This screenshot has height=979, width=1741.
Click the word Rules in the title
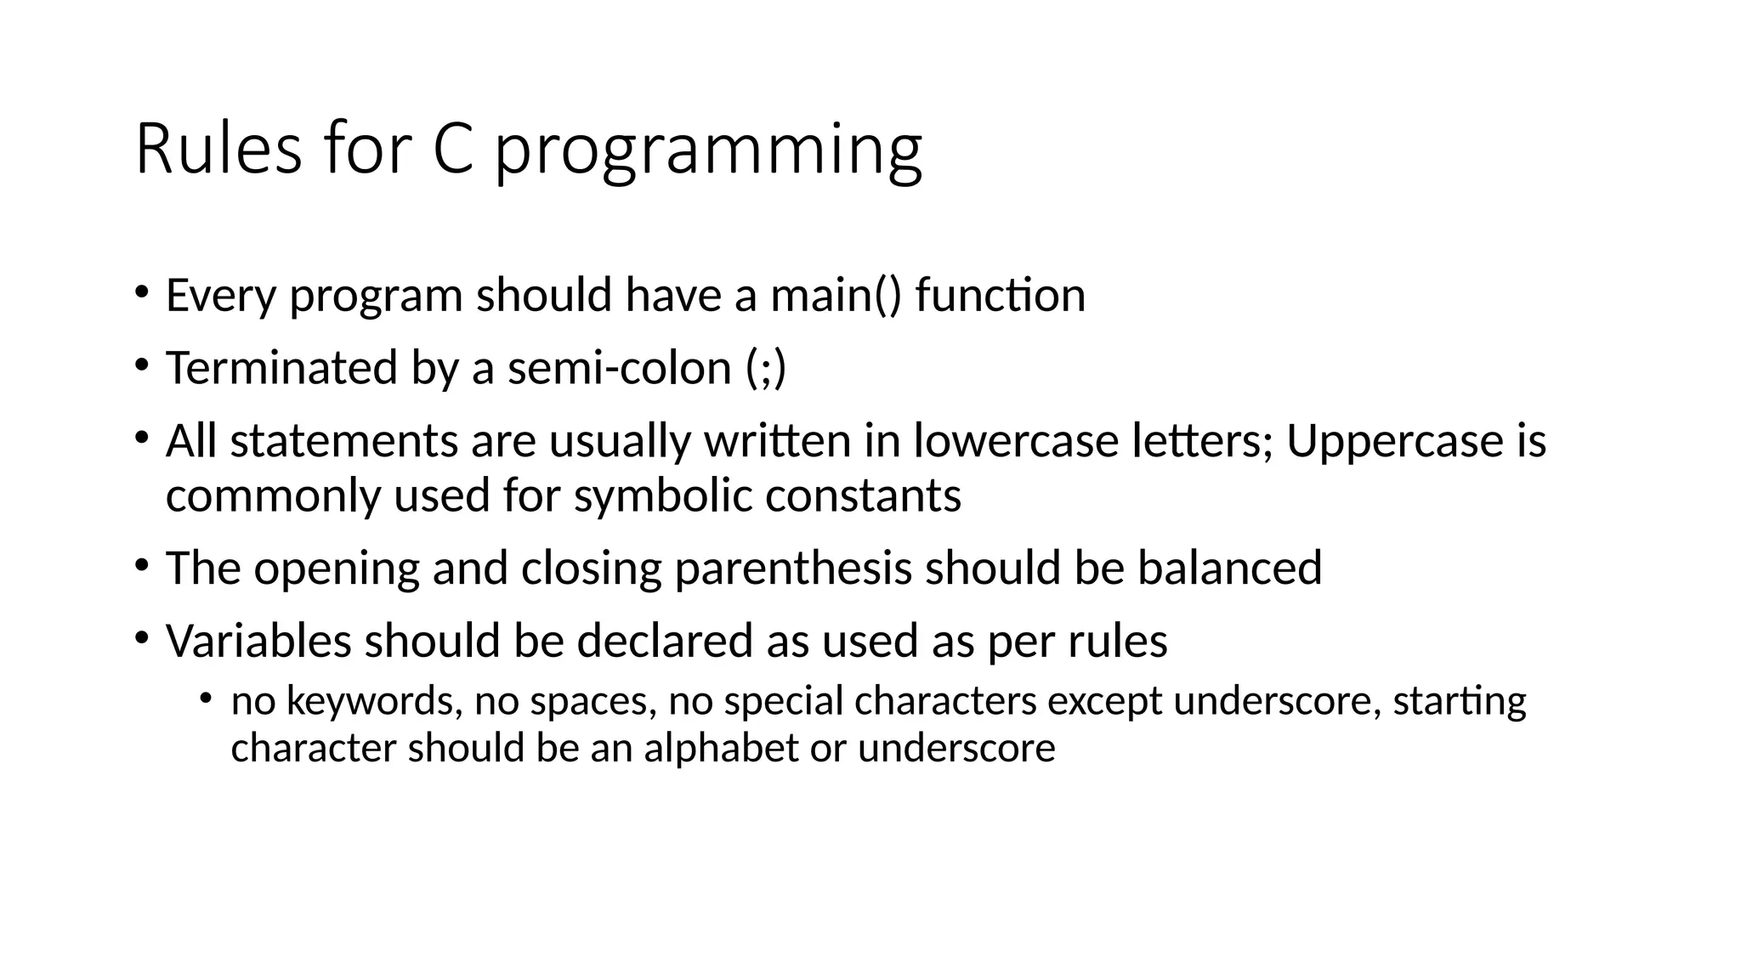(218, 150)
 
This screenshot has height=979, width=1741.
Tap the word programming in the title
(708, 153)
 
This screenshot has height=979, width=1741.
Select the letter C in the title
(452, 150)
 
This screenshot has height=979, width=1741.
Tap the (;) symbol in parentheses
(766, 369)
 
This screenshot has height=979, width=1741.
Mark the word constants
(863, 495)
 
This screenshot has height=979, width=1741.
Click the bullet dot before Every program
(141, 293)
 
